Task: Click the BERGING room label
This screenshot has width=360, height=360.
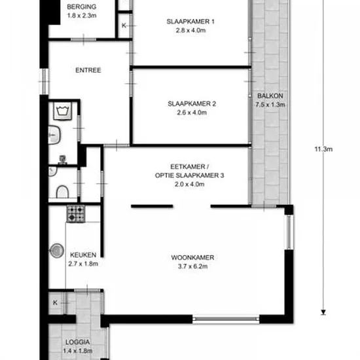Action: click(82, 7)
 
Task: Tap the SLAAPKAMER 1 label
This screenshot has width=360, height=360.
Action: click(190, 22)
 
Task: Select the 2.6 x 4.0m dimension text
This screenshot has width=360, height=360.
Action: click(192, 113)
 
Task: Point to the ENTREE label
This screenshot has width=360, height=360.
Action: click(88, 70)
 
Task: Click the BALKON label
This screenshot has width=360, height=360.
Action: click(270, 96)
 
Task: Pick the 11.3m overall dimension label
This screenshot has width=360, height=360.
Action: click(323, 149)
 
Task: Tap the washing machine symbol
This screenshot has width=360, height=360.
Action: click(62, 111)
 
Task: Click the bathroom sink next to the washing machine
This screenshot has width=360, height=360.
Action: click(54, 135)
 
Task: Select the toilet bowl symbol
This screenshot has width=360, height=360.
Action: click(62, 192)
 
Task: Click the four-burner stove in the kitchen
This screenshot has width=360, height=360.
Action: click(76, 214)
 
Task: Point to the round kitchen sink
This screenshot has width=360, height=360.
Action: click(57, 251)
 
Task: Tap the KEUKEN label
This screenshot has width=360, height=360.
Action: click(83, 255)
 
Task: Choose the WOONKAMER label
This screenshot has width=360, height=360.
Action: click(193, 258)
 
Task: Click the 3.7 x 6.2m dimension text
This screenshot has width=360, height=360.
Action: click(193, 266)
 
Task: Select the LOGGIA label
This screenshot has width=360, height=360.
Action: click(78, 342)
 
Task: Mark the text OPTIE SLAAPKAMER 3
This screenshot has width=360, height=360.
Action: click(189, 175)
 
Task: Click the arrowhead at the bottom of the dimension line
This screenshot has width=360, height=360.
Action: click(323, 312)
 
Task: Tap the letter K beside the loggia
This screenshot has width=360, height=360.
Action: click(55, 302)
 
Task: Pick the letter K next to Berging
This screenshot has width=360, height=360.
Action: click(124, 26)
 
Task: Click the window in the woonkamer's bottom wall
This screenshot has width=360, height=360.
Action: click(226, 319)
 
